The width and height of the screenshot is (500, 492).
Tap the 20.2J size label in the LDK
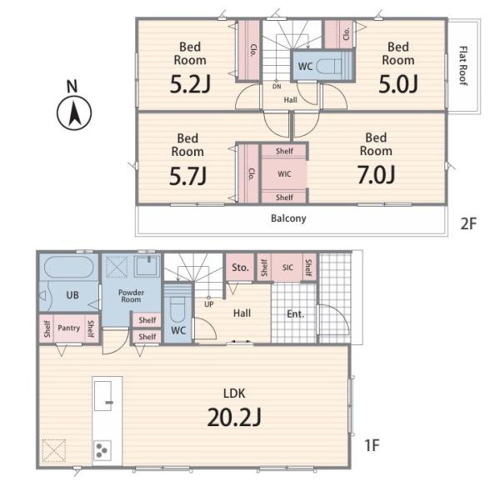click(234, 417)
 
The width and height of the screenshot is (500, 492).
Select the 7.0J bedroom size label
click(377, 175)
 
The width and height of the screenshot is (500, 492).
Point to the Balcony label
click(288, 218)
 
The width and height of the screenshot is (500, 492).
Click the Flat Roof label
click(463, 66)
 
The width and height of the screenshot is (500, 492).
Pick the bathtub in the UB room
click(69, 267)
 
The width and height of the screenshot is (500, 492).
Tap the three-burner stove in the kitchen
click(102, 450)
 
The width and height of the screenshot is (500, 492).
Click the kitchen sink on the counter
click(102, 395)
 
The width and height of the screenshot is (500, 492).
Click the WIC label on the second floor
click(284, 174)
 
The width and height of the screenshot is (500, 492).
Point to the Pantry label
click(68, 328)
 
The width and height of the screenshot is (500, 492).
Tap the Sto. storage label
click(240, 268)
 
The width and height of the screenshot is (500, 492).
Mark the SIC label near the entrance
click(287, 268)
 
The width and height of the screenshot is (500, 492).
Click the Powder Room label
click(131, 296)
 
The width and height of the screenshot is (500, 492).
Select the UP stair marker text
click(208, 304)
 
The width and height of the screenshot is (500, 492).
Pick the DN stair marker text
click(277, 86)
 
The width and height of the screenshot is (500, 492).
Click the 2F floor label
click(468, 223)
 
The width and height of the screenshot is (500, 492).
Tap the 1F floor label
click(372, 445)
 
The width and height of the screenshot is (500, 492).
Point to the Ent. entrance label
click(295, 314)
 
